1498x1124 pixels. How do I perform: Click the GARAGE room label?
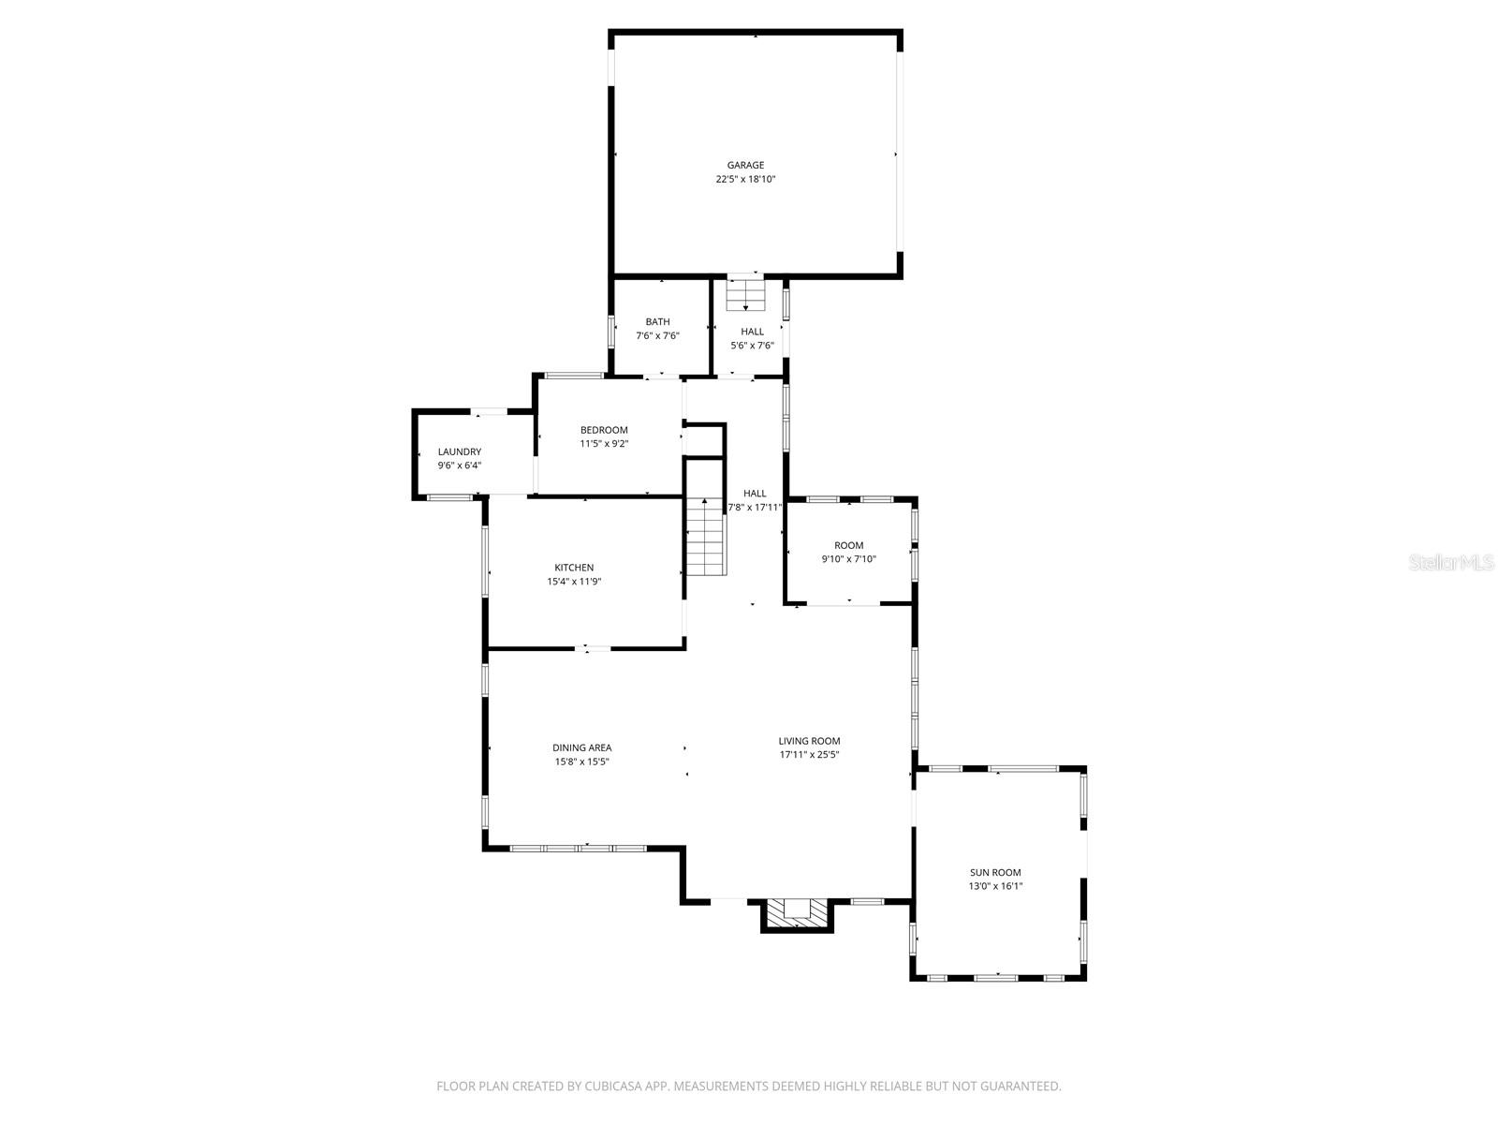point(745,165)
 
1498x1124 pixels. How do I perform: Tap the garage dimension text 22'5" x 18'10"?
point(745,179)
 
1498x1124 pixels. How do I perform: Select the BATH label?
point(657,321)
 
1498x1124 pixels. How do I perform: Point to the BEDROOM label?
point(604,430)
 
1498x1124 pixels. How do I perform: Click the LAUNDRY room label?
point(459,451)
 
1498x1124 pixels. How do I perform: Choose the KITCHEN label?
point(574,568)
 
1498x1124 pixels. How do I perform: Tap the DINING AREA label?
point(581,747)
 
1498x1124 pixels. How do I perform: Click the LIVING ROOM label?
point(809,741)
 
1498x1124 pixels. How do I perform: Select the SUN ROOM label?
point(995,872)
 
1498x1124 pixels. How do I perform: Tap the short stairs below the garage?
point(745,294)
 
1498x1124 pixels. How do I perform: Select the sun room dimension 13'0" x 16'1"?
point(995,886)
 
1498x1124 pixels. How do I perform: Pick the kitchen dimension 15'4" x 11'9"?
point(574,582)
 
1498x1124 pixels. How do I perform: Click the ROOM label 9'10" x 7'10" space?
point(848,545)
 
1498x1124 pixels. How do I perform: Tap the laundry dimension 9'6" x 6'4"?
point(459,466)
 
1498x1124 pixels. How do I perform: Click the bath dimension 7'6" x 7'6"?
point(657,335)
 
